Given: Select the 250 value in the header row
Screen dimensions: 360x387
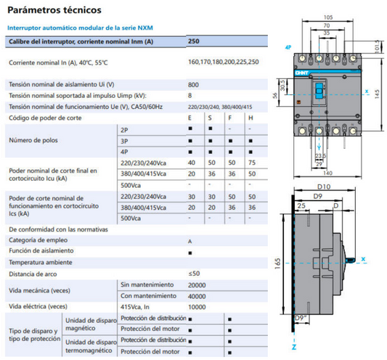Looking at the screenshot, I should point(193,42).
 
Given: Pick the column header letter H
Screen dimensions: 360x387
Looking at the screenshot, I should point(250,118).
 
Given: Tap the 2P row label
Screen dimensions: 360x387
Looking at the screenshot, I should point(124,128).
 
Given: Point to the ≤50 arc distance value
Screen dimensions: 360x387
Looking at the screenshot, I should point(194,274).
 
